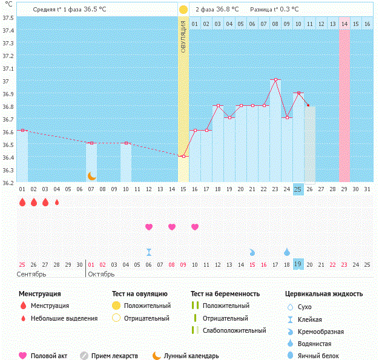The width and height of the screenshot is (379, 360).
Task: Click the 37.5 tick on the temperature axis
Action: [8, 18]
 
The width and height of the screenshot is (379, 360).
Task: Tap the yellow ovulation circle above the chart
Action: [183, 10]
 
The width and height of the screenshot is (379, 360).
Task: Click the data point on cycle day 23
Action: [275, 79]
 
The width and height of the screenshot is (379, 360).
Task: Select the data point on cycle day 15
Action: [183, 156]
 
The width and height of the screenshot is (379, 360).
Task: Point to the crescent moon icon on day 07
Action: [91, 175]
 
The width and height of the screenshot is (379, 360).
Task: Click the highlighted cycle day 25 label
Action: [298, 189]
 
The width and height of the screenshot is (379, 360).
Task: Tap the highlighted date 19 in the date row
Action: [298, 264]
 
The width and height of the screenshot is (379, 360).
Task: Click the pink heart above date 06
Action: [149, 227]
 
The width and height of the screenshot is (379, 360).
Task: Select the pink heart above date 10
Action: [195, 227]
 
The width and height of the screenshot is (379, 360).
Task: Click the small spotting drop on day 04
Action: [57, 202]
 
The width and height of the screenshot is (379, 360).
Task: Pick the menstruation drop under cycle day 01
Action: [22, 202]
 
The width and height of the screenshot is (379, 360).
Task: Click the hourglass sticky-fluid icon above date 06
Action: [149, 252]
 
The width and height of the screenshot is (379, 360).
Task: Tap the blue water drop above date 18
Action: [286, 251]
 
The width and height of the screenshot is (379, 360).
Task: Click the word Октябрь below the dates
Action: [100, 274]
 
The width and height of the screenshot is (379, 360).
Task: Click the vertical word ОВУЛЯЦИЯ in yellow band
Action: [183, 39]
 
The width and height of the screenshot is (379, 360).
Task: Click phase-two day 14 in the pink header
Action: [344, 24]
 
